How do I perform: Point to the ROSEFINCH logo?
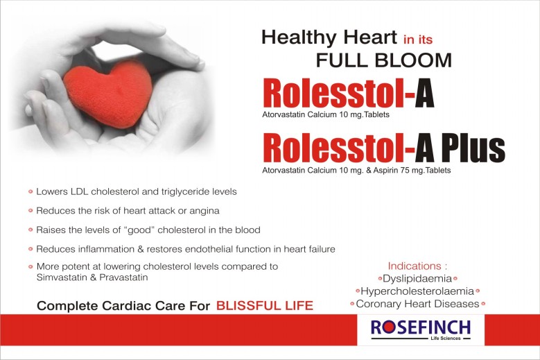(x=421, y=329)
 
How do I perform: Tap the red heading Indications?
(x=415, y=266)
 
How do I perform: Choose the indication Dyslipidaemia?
(x=417, y=278)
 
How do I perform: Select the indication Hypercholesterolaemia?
(x=417, y=291)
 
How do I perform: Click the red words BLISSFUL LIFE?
(x=265, y=306)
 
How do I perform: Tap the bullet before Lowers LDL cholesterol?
(x=31, y=191)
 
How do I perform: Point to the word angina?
(x=204, y=211)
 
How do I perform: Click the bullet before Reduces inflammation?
(x=31, y=249)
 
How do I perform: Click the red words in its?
(x=418, y=40)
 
